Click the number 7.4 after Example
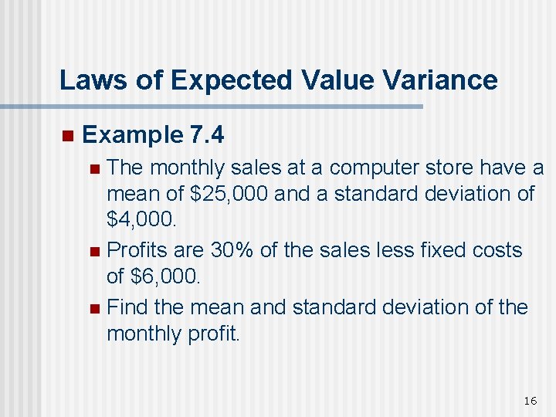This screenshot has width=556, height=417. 206,135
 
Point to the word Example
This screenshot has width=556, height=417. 131,135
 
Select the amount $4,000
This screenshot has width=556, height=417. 141,220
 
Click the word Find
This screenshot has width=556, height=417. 127,307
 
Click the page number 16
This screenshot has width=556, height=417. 530,400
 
